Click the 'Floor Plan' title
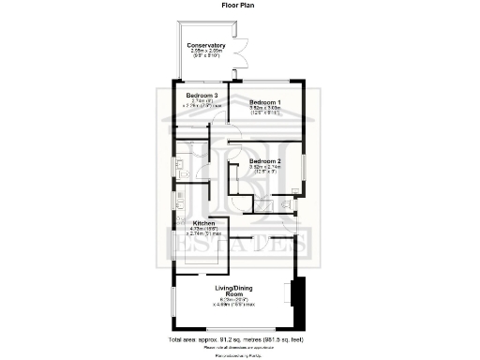coord(239,5)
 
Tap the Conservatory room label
coord(205,46)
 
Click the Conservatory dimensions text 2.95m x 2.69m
coord(205,52)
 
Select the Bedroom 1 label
coord(264,101)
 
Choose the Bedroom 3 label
coord(202,96)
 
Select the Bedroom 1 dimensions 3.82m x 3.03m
coord(264,108)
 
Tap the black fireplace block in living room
coord(295,294)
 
